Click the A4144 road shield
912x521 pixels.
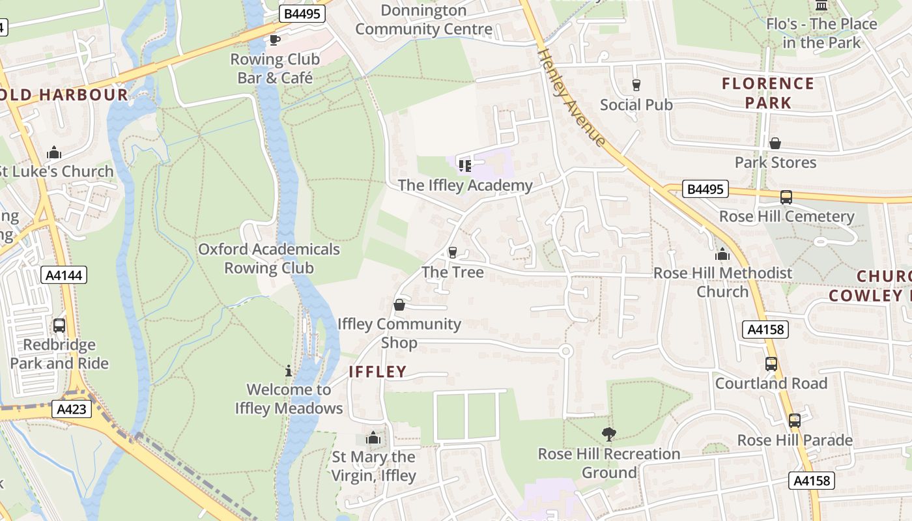pos(64,275)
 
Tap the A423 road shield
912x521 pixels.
pos(71,409)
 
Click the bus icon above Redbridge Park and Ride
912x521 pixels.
pos(59,325)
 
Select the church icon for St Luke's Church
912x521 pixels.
pos(54,153)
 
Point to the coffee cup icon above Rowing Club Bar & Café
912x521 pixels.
pos(275,40)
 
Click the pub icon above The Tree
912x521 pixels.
pos(453,252)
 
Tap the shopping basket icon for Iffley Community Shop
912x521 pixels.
pos(399,305)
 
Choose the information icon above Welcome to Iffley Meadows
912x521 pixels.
pos(289,371)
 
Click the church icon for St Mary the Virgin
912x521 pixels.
pos(373,438)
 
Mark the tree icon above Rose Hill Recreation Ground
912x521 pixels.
pos(608,434)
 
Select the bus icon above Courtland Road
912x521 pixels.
pos(771,364)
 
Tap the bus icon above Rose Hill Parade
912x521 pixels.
pos(794,421)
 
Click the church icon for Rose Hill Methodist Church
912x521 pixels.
pos(722,254)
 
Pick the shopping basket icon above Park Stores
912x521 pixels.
pos(775,143)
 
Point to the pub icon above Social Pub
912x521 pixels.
pos(636,85)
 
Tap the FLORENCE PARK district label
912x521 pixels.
pos(768,93)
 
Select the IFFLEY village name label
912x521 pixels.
pos(378,372)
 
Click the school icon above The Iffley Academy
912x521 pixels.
pos(464,165)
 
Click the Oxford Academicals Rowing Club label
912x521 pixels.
pos(269,259)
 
